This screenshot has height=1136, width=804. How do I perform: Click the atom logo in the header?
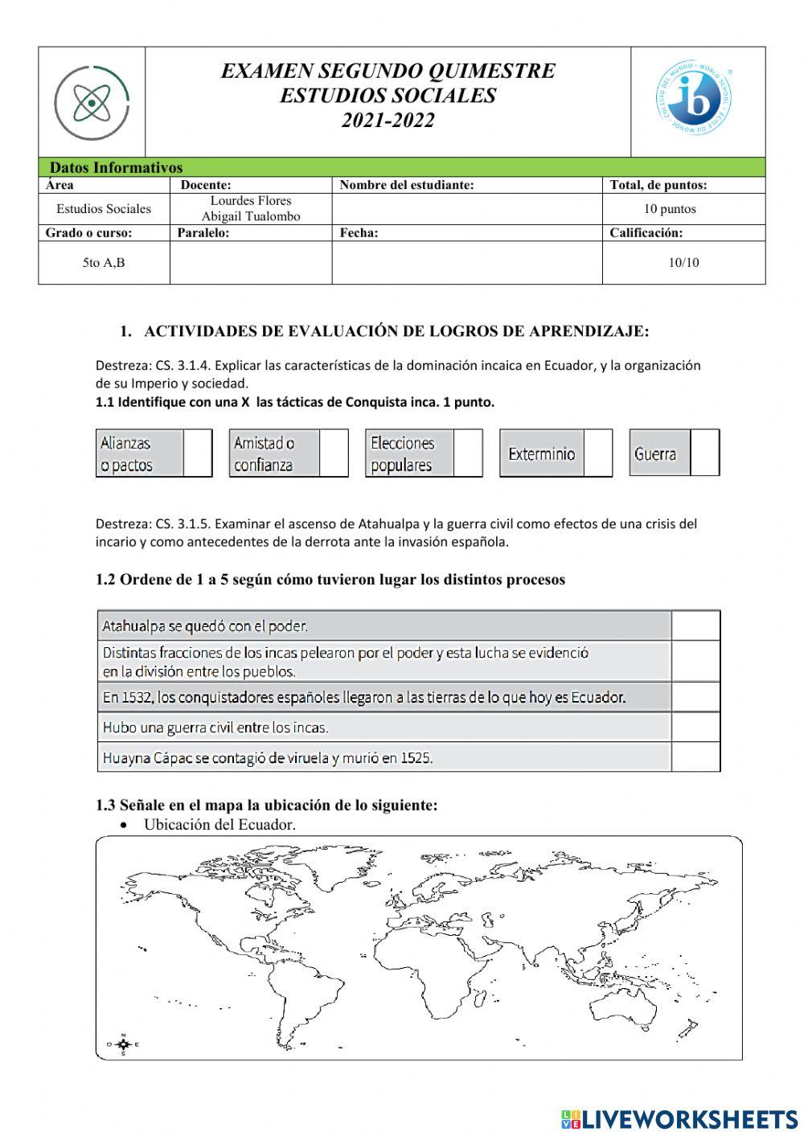[92, 102]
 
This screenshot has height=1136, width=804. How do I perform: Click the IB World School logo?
[693, 101]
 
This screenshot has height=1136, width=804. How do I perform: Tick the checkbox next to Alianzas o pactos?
[198, 453]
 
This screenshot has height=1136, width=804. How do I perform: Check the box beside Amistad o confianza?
[334, 453]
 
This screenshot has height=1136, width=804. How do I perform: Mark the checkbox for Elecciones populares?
[468, 453]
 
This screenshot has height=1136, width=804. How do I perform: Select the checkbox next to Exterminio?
[597, 453]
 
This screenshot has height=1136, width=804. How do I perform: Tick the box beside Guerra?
[705, 453]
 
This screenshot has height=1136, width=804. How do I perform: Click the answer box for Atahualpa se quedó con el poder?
[695, 625]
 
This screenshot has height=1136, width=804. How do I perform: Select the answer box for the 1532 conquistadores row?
[695, 697]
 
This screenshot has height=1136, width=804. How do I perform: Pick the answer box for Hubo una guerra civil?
[695, 727]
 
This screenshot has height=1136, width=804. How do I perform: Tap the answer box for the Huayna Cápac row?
[695, 757]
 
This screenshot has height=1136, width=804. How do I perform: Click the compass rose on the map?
[123, 1044]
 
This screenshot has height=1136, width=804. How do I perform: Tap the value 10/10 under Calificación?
[683, 263]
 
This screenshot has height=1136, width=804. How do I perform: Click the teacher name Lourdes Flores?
[251, 201]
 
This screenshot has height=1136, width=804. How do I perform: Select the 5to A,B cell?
[104, 263]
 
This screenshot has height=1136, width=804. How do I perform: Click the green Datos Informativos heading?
[117, 168]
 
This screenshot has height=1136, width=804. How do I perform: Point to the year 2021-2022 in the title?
[388, 121]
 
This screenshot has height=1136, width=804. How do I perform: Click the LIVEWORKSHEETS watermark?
[679, 1118]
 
